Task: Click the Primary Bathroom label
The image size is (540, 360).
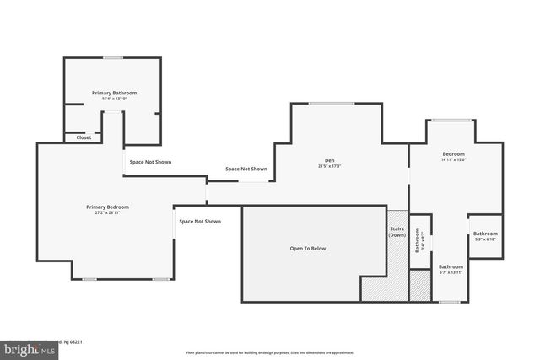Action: pyautogui.click(x=114, y=93)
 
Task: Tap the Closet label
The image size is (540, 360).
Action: pyautogui.click(x=84, y=137)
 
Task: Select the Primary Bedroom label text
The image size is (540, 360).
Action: pyautogui.click(x=107, y=207)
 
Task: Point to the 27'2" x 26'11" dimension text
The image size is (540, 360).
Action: pyautogui.click(x=107, y=213)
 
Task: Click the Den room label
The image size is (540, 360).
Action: pyautogui.click(x=330, y=160)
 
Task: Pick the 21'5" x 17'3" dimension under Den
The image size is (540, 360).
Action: pyautogui.click(x=330, y=167)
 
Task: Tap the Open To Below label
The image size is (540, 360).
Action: pyautogui.click(x=308, y=249)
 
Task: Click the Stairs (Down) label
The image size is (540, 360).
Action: pyautogui.click(x=397, y=232)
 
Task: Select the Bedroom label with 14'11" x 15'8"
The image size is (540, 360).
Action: pyautogui.click(x=454, y=154)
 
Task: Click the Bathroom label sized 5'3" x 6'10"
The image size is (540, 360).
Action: pyautogui.click(x=485, y=234)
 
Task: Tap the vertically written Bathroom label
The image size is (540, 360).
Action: pyautogui.click(x=418, y=241)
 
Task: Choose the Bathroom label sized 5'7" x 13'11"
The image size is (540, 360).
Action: pyautogui.click(x=451, y=266)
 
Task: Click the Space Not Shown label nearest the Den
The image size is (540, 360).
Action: pyautogui.click(x=246, y=169)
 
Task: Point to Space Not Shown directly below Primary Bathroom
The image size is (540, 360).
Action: pyautogui.click(x=149, y=161)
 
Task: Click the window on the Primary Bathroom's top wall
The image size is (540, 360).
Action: pyautogui.click(x=113, y=57)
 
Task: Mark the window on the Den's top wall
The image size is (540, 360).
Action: pyautogui.click(x=331, y=103)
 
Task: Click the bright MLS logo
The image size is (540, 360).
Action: pyautogui.click(x=27, y=347)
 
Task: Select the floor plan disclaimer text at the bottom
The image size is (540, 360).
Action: pyautogui.click(x=269, y=352)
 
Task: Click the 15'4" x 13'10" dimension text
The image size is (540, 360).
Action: pyautogui.click(x=114, y=99)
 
